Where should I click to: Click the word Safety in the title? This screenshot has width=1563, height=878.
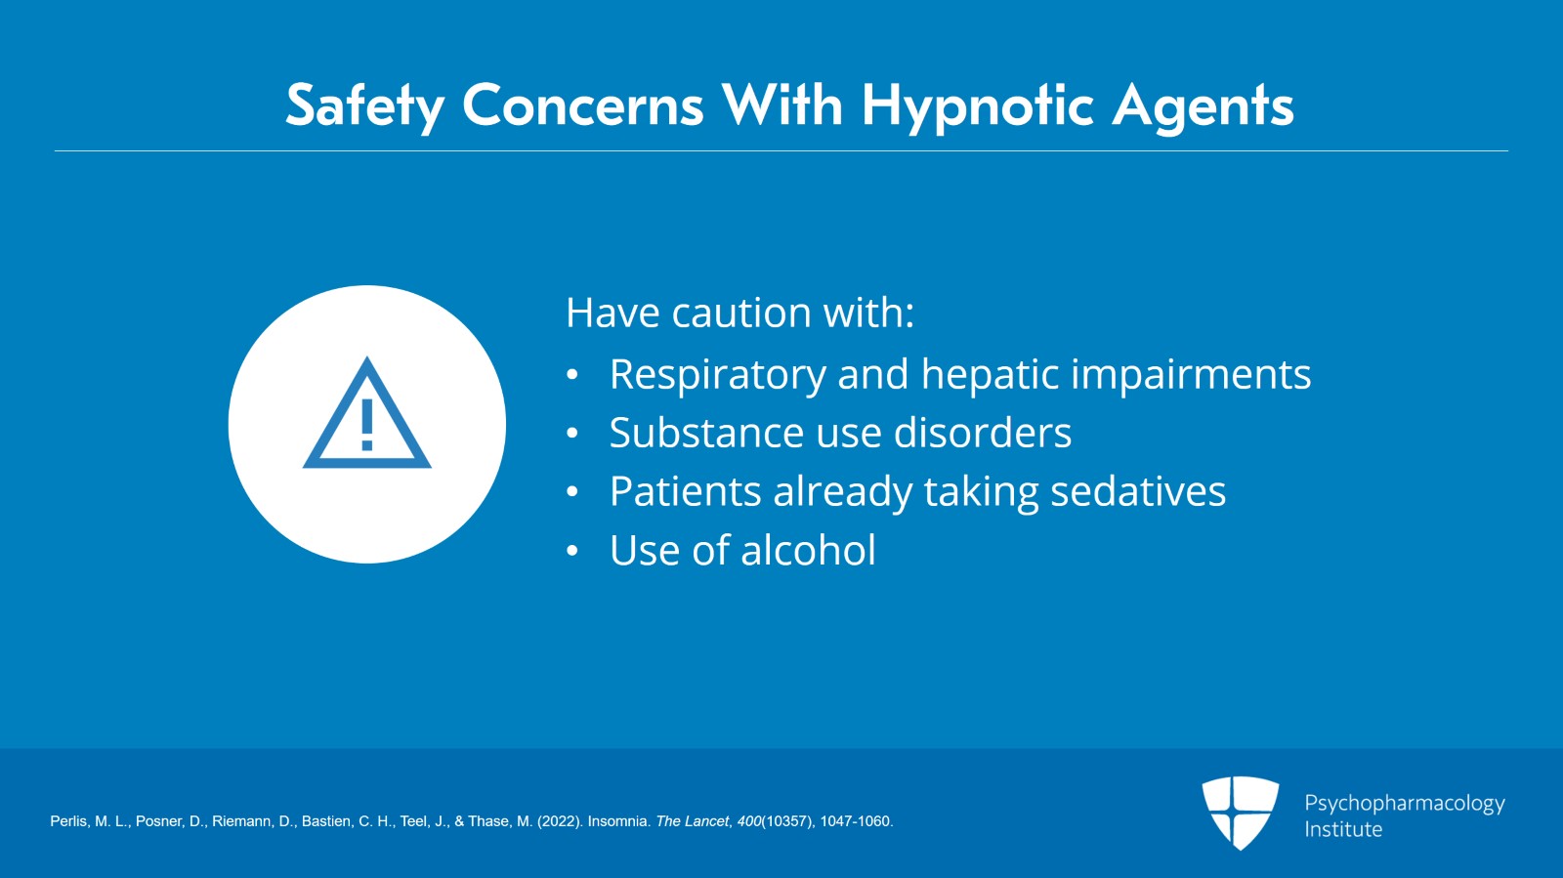(365, 106)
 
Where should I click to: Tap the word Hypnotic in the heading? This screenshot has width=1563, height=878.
(978, 106)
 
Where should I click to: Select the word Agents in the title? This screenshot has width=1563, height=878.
(1203, 106)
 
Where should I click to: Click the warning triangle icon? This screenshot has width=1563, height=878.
(367, 413)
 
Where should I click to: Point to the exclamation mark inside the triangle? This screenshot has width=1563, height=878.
(367, 425)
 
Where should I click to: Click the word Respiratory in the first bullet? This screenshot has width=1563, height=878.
(718, 374)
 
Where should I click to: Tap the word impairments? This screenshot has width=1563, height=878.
(1191, 374)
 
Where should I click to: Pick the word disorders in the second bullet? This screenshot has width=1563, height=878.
(983, 433)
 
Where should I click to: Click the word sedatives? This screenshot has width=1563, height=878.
(1138, 491)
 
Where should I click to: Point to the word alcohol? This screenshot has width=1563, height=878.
(808, 550)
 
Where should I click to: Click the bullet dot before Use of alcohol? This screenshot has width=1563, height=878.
(572, 551)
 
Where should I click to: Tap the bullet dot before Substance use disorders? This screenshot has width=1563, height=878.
(572, 434)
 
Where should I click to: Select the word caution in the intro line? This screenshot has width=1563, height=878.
(741, 313)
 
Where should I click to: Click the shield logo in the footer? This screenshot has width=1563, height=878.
(1240, 813)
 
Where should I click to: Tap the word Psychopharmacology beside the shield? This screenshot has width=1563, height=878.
(1405, 804)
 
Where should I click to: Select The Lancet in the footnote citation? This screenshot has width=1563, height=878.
(693, 821)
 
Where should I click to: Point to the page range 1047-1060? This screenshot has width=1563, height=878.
(856, 821)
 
